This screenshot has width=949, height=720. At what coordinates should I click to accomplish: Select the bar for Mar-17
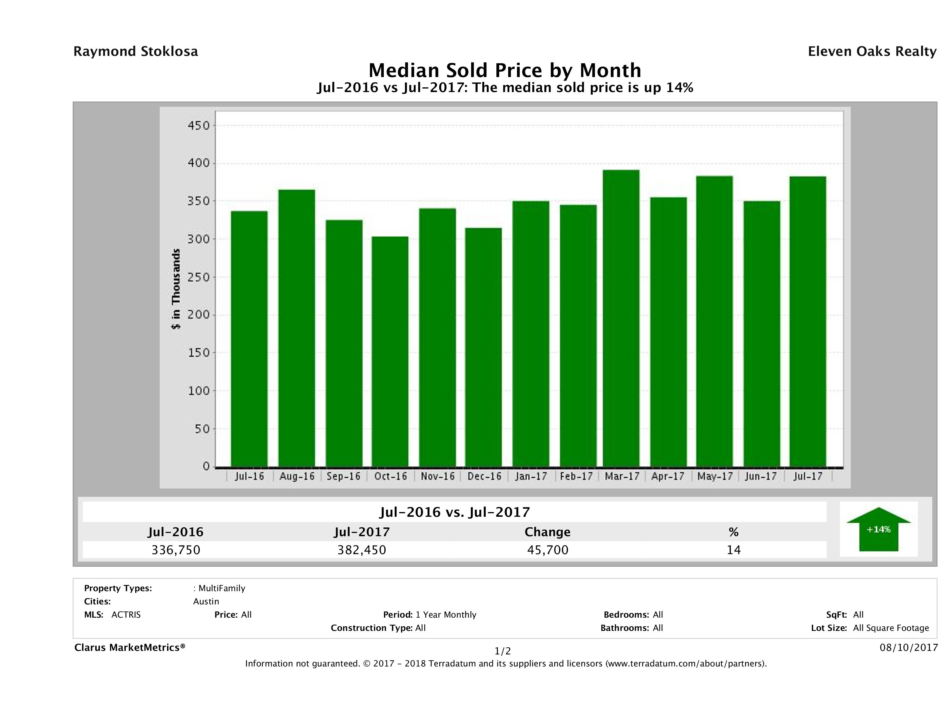tap(621, 318)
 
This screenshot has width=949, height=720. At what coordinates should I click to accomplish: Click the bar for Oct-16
tap(390, 351)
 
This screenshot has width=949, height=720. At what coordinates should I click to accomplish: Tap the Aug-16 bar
tap(296, 328)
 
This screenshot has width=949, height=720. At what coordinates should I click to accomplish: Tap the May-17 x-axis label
tap(715, 476)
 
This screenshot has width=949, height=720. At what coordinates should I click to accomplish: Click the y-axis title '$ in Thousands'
tap(176, 289)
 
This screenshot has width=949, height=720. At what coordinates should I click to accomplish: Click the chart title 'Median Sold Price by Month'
tap(505, 70)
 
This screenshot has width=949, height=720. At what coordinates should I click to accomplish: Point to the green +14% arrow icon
tap(878, 529)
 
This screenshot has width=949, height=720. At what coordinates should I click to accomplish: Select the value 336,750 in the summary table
tap(176, 550)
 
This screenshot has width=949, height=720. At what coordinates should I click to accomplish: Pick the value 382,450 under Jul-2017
tap(362, 550)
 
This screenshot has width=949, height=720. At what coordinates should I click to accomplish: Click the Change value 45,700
tap(548, 550)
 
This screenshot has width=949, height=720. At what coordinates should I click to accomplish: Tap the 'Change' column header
tap(548, 532)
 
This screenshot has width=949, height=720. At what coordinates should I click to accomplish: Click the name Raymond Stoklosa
tap(136, 51)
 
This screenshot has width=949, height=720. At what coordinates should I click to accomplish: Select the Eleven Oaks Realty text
tap(872, 51)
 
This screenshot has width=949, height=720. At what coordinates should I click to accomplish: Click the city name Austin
tap(206, 601)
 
